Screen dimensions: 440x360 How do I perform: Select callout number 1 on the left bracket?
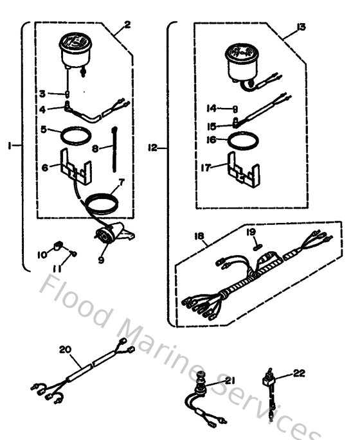tap(11, 146)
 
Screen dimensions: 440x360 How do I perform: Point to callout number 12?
tap(152, 148)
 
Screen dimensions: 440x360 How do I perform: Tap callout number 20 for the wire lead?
tap(64, 350)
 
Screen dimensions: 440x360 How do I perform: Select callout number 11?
tap(58, 268)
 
